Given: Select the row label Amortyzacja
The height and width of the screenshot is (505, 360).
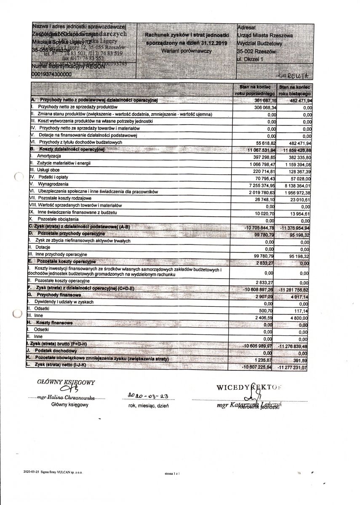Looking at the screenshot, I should click(x=50, y=156).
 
